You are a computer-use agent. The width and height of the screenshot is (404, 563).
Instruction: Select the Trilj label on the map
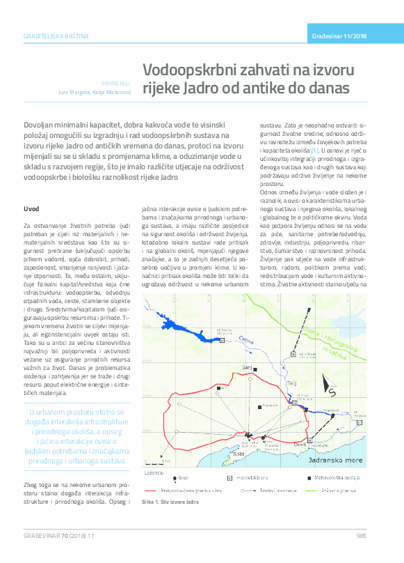coord(292,383)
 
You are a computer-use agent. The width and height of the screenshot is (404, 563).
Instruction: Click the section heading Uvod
coord(31,208)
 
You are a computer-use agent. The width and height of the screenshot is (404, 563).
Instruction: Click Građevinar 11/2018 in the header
coord(340,35)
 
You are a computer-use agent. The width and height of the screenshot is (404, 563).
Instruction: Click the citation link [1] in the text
coord(315,150)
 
